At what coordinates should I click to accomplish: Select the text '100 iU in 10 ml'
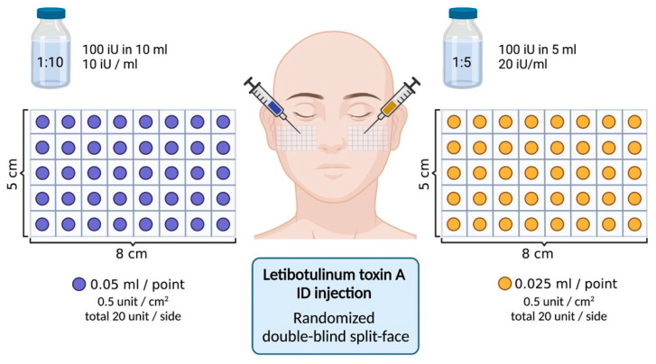[125, 50]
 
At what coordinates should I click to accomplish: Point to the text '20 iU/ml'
[522, 64]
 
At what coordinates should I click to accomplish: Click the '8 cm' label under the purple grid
[132, 253]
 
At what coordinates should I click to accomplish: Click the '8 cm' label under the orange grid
[537, 253]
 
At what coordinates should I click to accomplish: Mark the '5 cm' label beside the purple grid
[13, 174]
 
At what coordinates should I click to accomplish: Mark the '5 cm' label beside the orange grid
[424, 174]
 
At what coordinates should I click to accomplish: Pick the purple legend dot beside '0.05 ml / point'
[79, 284]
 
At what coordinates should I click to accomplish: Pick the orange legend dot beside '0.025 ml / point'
[505, 284]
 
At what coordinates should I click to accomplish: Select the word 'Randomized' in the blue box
[334, 318]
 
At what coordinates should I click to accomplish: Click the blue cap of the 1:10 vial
[51, 13]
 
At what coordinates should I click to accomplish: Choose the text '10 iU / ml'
[109, 64]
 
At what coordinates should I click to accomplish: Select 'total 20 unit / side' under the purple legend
[133, 316]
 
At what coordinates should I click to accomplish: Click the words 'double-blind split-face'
[336, 336]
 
